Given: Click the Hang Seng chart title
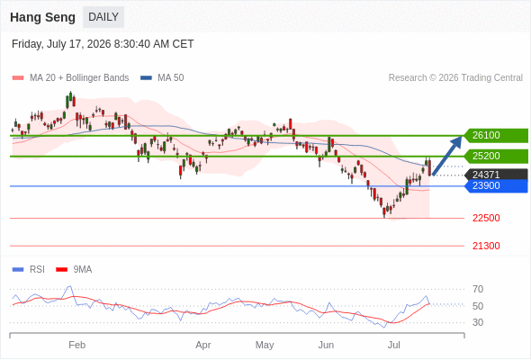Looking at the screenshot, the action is (42, 17).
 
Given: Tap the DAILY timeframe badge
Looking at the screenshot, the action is (103, 17).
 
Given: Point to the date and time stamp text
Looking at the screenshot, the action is (103, 44).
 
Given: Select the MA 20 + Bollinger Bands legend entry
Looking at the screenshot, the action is (70, 78).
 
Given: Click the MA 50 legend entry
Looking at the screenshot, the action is (162, 78).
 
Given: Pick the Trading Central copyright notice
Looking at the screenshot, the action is (455, 78).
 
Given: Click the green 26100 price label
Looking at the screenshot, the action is (496, 136).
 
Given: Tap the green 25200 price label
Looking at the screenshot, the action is (496, 156).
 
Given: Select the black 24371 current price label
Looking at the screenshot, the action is (496, 175).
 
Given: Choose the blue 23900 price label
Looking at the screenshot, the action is (496, 186).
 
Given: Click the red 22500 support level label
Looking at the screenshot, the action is (486, 218).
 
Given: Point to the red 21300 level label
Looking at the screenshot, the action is (486, 246).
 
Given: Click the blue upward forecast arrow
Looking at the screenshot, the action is (447, 156).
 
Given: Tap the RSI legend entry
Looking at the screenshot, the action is (29, 270).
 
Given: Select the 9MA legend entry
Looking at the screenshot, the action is (74, 270).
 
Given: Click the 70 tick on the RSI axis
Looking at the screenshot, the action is (478, 289).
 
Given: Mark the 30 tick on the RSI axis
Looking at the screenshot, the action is (478, 322).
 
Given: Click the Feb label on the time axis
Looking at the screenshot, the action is (76, 345).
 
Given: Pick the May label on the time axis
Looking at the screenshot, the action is (265, 345).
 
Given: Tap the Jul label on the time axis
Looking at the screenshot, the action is (394, 345).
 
